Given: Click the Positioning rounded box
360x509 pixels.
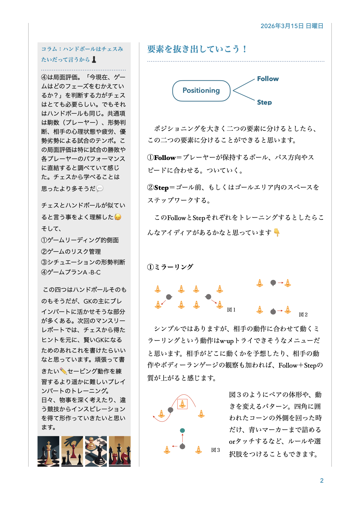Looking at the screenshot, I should (201, 91).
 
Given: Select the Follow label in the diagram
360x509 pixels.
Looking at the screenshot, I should (268, 79).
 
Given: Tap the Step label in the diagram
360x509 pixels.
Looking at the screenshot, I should (264, 102).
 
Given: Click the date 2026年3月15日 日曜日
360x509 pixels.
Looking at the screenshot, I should (292, 26).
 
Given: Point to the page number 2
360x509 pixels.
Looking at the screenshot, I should (322, 481).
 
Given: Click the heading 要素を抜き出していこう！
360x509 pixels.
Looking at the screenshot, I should (197, 49).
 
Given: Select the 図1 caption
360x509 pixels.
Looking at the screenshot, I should (231, 310).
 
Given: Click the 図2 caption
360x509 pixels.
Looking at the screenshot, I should (303, 315).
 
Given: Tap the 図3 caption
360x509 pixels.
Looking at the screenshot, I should (215, 450).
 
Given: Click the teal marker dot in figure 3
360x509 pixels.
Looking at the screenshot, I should (182, 430).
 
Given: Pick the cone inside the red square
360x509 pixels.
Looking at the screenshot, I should (182, 404).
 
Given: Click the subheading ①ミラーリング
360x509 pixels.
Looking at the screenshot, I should (170, 267).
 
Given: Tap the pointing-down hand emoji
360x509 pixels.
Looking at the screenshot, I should (277, 232).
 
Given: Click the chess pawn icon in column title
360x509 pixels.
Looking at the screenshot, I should (94, 59).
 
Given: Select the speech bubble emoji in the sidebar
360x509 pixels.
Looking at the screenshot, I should (100, 188).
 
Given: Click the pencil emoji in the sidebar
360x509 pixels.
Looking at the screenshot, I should (63, 371).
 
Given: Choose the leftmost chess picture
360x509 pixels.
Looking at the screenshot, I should (48, 451).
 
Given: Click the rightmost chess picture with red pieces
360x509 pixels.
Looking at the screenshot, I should (120, 451).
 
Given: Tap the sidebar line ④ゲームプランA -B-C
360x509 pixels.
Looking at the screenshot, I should (71, 272).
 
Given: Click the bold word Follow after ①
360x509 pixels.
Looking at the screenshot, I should (165, 157).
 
